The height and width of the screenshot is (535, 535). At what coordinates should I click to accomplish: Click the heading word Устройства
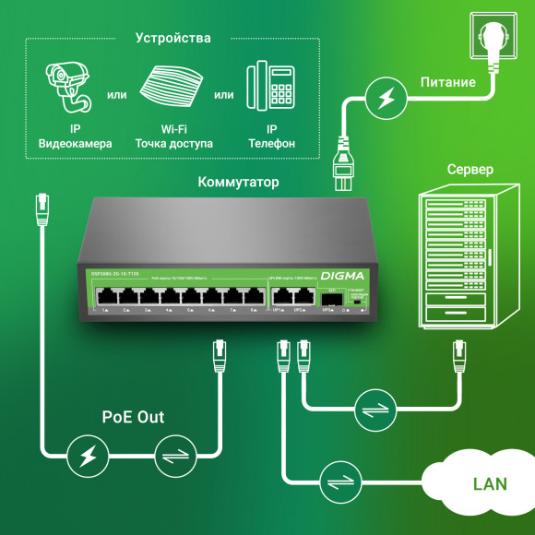point(172,38)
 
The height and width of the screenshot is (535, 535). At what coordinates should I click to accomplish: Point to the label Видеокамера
point(76,144)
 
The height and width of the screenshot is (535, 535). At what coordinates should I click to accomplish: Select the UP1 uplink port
point(279,297)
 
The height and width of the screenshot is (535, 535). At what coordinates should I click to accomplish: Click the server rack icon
point(458,258)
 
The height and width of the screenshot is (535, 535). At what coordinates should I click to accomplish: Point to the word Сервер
point(470,171)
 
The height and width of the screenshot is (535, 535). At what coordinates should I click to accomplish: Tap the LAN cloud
point(480,481)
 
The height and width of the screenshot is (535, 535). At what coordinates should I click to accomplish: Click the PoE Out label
point(133,417)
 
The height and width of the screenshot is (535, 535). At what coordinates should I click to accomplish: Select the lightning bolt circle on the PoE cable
point(89,454)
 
